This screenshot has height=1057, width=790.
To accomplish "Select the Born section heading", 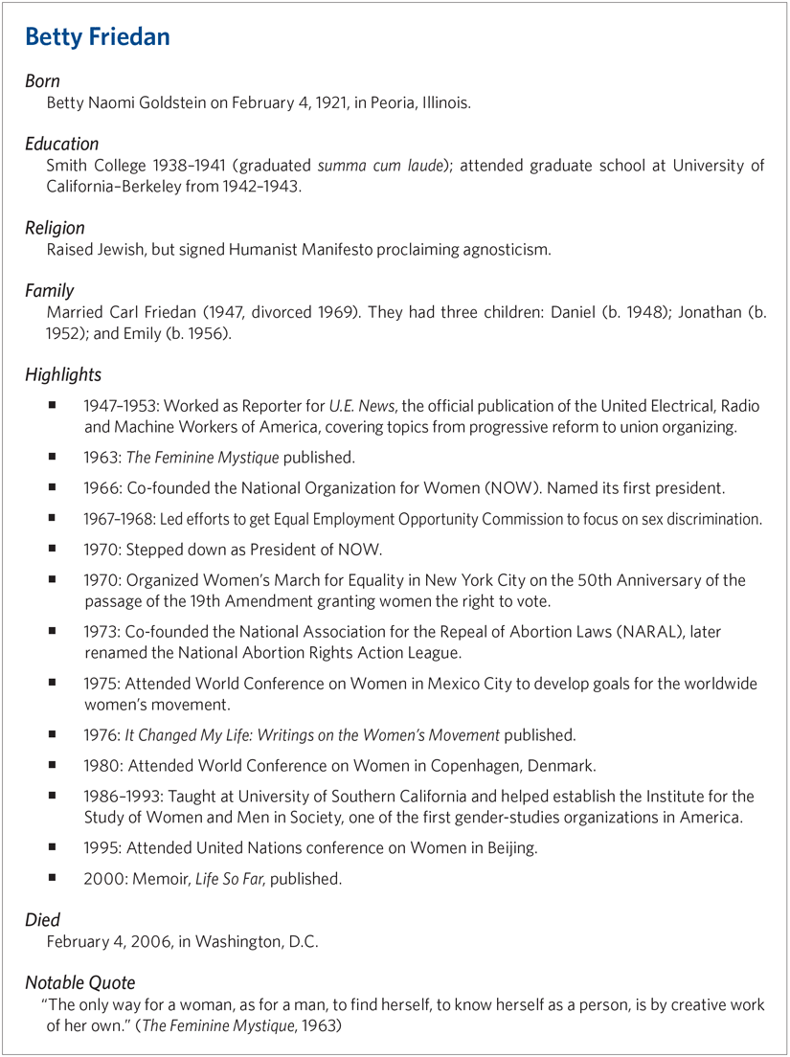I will pyautogui.click(x=42, y=82).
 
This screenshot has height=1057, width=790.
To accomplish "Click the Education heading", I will pyautogui.click(x=61, y=145).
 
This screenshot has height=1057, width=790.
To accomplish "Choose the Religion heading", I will pyautogui.click(x=55, y=228).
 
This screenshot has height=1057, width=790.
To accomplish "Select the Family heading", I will pyautogui.click(x=49, y=290).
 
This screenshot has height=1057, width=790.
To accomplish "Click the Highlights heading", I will pyautogui.click(x=63, y=373).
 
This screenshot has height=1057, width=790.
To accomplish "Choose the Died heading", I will pyautogui.click(x=42, y=921).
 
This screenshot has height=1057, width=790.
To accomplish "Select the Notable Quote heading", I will pyautogui.click(x=79, y=983).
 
